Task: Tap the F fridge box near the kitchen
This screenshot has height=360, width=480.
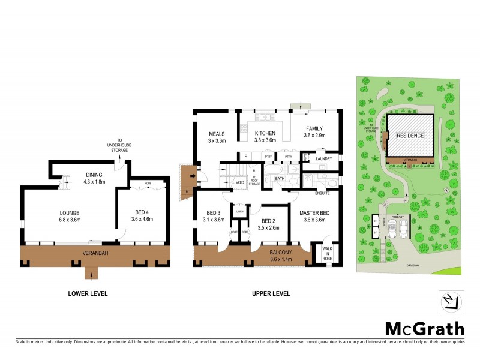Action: [x=245, y=157]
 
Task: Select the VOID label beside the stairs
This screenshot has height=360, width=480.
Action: [x=240, y=181]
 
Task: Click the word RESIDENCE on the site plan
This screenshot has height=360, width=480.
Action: [x=410, y=136]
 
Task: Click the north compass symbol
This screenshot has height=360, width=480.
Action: [x=452, y=302]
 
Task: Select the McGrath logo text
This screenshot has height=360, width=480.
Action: [x=424, y=328]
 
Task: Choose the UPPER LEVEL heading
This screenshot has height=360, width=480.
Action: [x=271, y=294]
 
